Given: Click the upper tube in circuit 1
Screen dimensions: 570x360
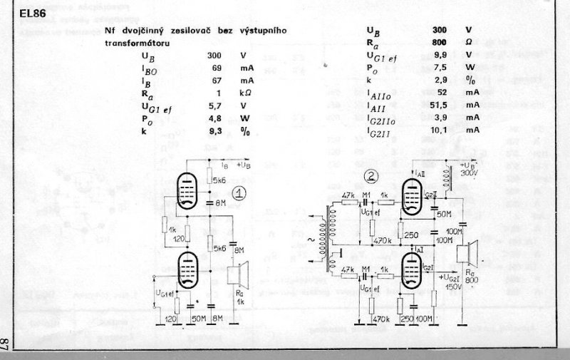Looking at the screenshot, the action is [x=187, y=187].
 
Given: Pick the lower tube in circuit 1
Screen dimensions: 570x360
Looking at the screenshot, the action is [x=187, y=269].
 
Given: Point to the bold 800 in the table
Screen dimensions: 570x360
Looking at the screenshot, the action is [x=439, y=42].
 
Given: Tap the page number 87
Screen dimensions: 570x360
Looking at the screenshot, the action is [x=6, y=344].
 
